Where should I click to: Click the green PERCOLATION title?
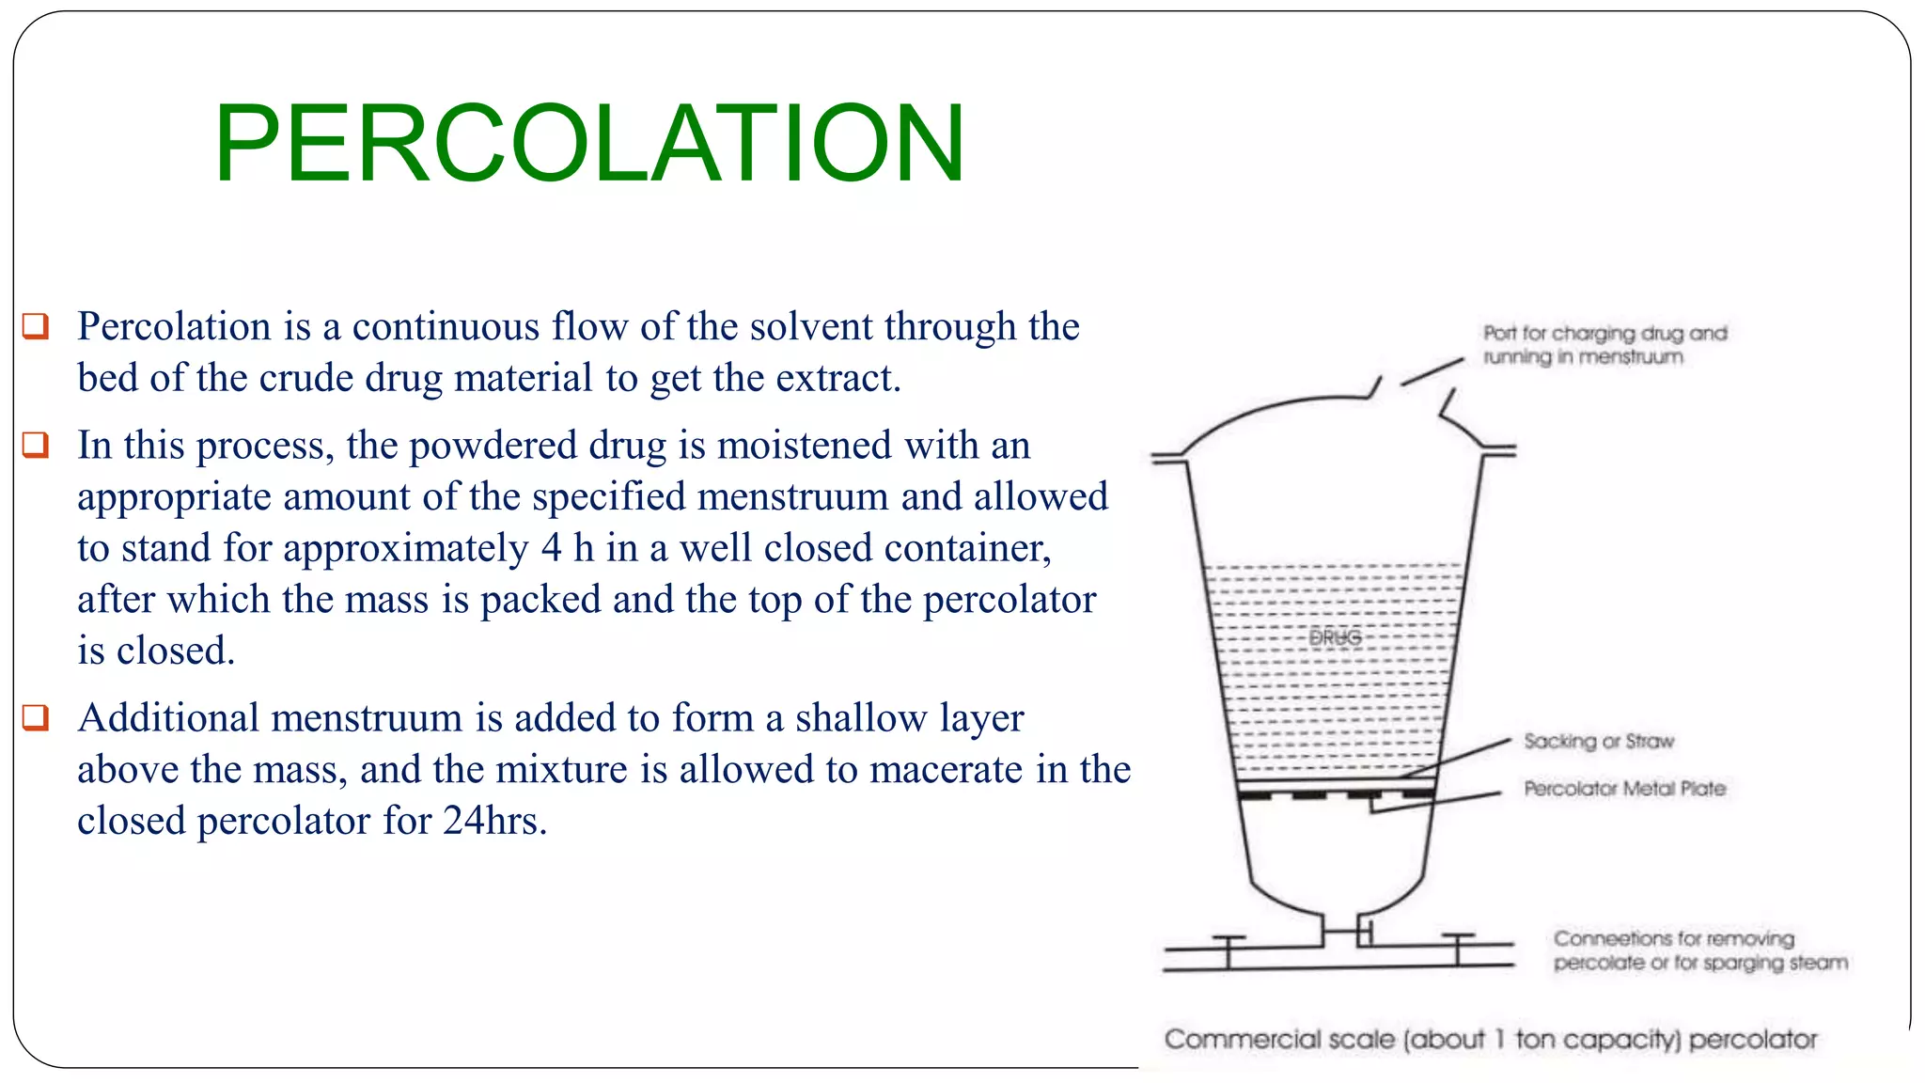tap(589, 143)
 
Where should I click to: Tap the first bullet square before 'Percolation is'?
tap(36, 325)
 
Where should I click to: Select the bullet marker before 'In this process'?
tap(36, 444)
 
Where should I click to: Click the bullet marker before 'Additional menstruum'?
tap(36, 716)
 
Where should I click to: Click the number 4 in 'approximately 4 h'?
tap(551, 548)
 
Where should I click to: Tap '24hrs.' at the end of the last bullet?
tap(494, 821)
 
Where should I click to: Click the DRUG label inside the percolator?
tap(1335, 637)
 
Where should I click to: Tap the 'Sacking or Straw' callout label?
tap(1599, 741)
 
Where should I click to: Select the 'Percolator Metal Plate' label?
tap(1624, 788)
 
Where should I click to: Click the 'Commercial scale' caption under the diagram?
tap(1490, 1039)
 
